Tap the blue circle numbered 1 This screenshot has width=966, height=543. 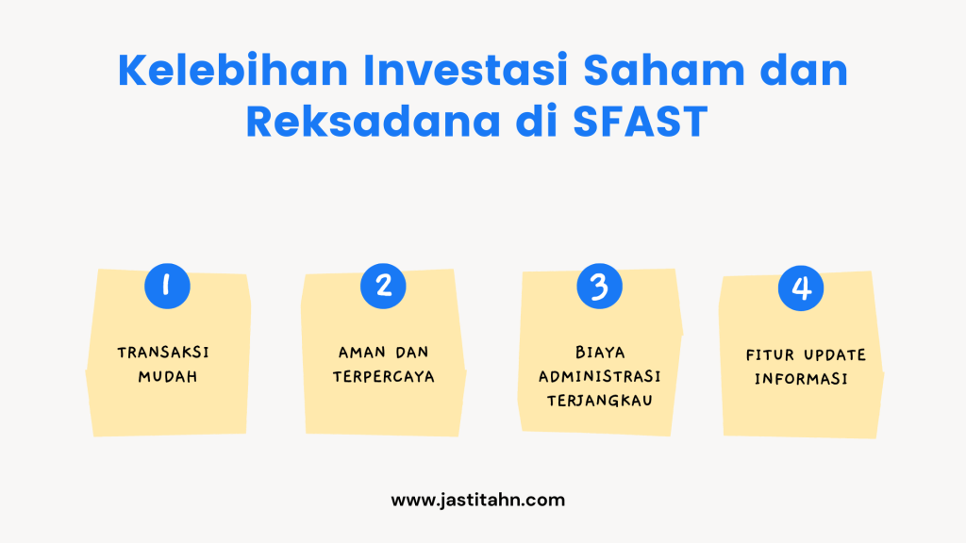pos(167,286)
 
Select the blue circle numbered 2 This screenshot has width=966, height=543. pos(383,286)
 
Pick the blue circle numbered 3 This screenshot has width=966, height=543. pos(599,286)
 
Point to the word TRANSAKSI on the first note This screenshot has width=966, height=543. pos(163,353)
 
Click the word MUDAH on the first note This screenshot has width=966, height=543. pos(163,377)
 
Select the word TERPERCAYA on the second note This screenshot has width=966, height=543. pos(383,377)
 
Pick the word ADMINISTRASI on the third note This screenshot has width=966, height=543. pos(599,376)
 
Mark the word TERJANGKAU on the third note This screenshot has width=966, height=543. pos(599,401)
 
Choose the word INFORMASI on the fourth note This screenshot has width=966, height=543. pos(801,381)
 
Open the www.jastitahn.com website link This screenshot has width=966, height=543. pos(477,500)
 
